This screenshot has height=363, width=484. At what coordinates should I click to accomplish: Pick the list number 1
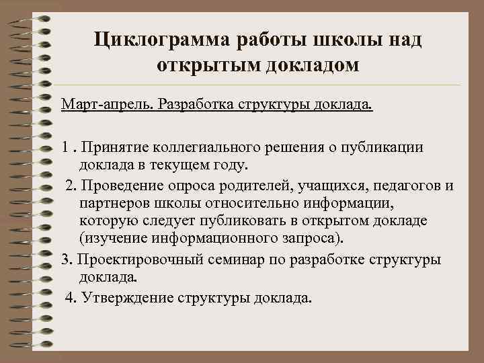coord(65,147)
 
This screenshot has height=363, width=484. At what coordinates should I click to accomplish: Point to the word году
coord(227,165)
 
